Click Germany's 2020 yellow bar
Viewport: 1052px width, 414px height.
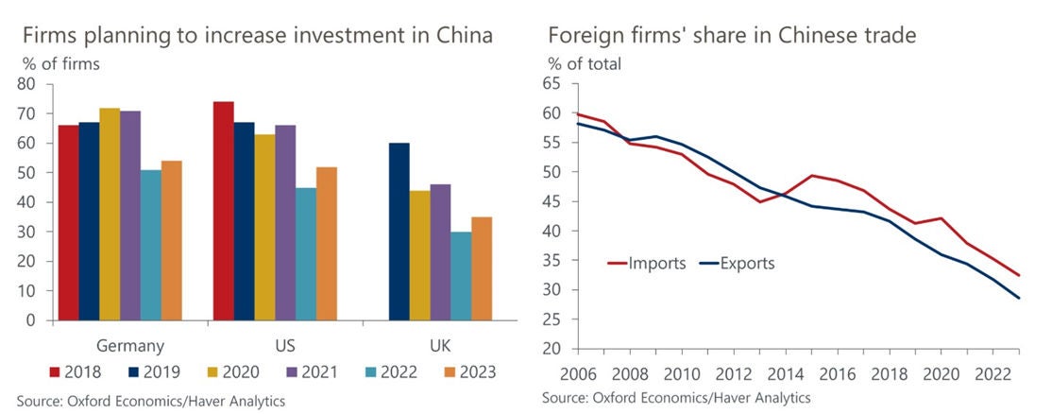[x=110, y=214]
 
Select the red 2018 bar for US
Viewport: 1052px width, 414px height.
[x=223, y=211]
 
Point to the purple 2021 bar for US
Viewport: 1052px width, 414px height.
[x=284, y=222]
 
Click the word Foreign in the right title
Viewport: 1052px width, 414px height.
[x=580, y=38]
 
